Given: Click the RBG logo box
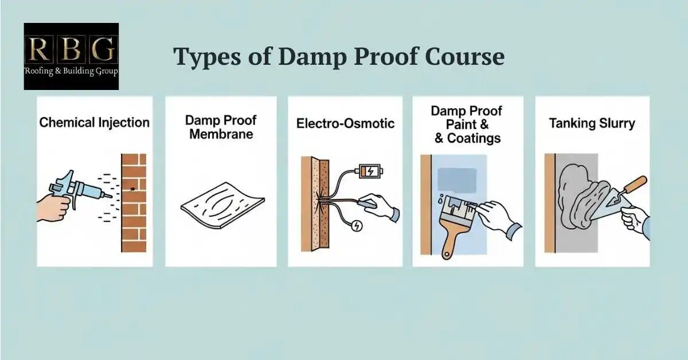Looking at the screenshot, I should coord(71,56).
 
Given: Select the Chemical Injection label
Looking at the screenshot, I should coord(95,122).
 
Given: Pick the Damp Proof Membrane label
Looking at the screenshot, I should coord(221,127).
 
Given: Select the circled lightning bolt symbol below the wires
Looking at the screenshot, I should coord(357,226).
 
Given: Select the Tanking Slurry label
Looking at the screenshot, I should coord(592,123).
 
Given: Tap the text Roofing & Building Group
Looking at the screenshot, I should coord(71,71).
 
